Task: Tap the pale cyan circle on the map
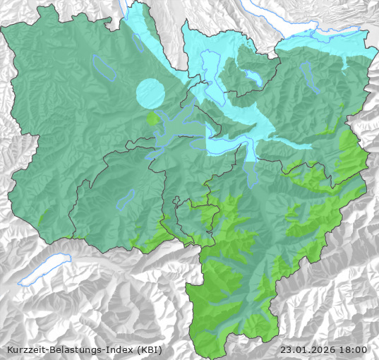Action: [150, 93]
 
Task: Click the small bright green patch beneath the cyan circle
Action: [152, 118]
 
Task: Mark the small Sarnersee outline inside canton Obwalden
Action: [126, 200]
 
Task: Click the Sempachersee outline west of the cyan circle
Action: [104, 66]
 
